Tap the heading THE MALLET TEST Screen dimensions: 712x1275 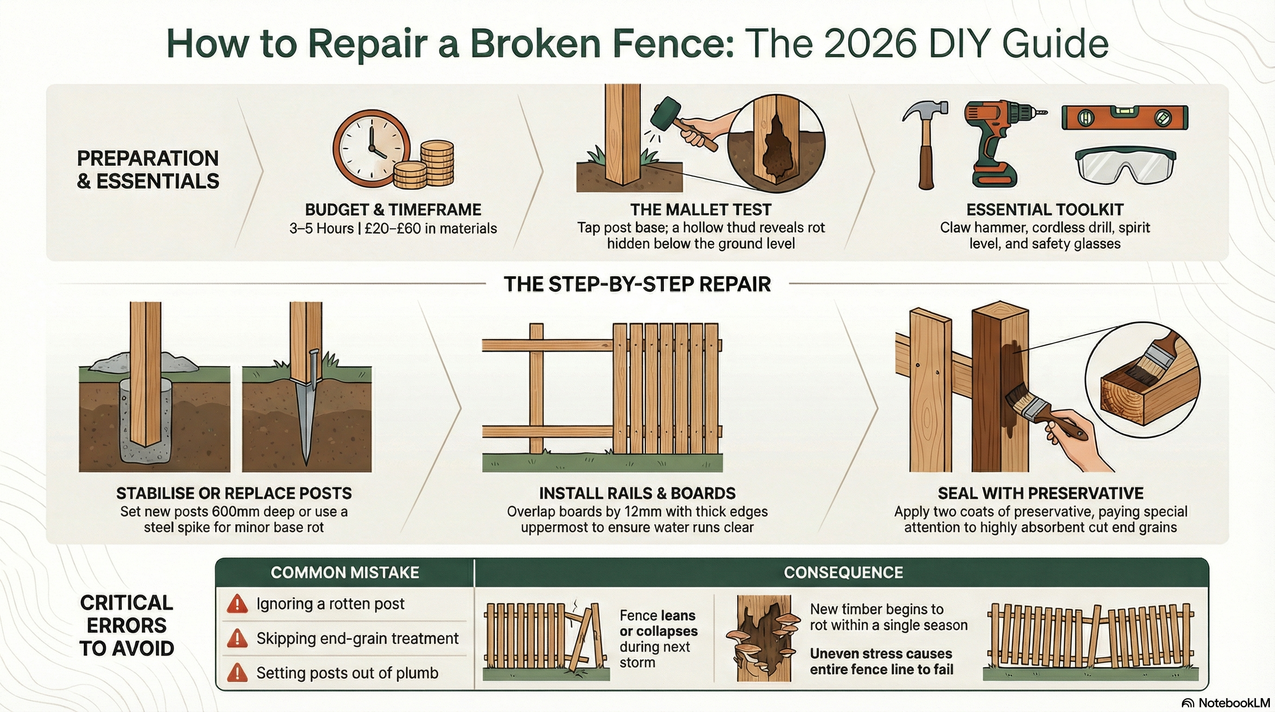pyautogui.click(x=701, y=210)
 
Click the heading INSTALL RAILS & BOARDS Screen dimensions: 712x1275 pyautogui.click(x=637, y=493)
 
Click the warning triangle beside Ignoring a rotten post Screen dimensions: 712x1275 pyautogui.click(x=238, y=604)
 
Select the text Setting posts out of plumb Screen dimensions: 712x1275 pyautogui.click(x=347, y=673)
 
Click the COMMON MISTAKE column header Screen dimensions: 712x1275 pyautogui.click(x=345, y=572)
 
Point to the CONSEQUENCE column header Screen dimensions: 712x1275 pyautogui.click(x=843, y=572)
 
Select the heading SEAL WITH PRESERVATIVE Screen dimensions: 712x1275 pyautogui.click(x=1041, y=493)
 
